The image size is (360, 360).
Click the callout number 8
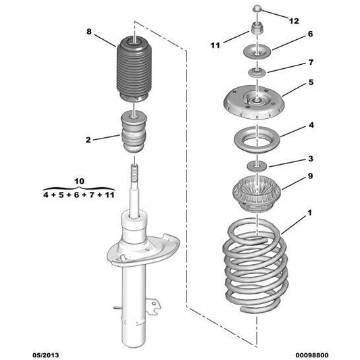pos(88,32)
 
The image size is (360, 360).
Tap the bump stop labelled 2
pos(134,133)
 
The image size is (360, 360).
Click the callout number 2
pos(88,140)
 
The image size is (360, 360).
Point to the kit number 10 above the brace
pos(79,181)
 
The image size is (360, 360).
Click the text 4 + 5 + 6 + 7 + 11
pos(80,194)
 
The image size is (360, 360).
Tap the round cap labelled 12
pos(258,8)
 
